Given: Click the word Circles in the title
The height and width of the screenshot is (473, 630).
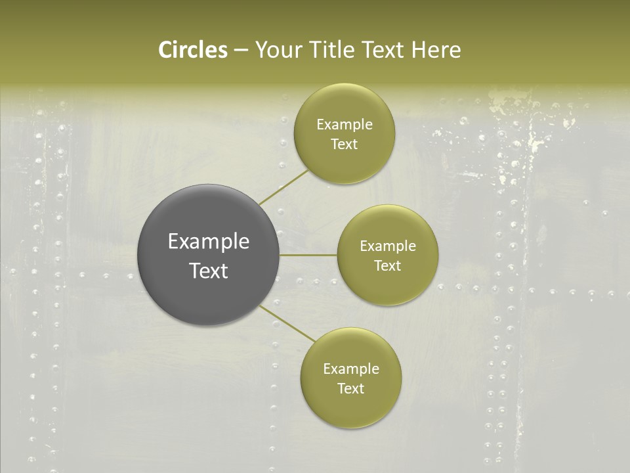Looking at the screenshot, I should tap(192, 50).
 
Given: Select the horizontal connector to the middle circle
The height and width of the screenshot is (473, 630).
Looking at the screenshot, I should tap(308, 255).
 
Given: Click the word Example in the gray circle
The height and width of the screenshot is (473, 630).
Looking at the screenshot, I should tap(209, 242).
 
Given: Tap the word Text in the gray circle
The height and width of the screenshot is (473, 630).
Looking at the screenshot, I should tap(209, 271).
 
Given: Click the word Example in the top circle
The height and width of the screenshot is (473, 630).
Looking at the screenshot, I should tap(345, 124).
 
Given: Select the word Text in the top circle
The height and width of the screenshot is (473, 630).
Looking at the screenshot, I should tap(345, 144).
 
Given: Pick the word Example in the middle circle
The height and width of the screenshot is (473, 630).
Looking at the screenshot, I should tap(388, 246).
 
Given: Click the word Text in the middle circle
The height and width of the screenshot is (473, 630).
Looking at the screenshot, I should tap(388, 265).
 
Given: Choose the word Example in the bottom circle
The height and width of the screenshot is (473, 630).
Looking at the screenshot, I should tap(351, 369).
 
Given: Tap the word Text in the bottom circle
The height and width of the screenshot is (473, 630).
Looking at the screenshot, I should tap(351, 388).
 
